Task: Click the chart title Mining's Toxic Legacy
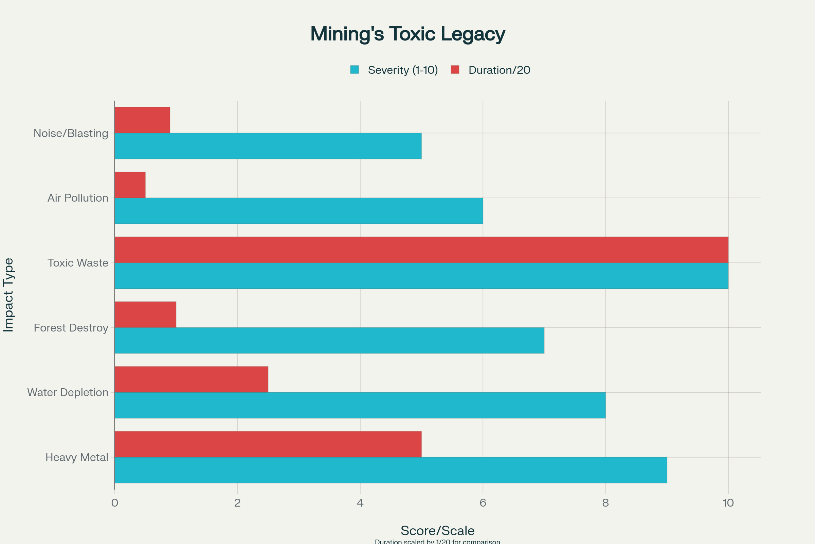[407, 34]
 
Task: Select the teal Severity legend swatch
[354, 70]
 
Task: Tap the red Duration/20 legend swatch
[455, 70]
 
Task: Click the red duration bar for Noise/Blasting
[142, 120]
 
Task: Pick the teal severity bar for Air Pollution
[299, 210]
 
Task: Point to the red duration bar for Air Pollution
[130, 185]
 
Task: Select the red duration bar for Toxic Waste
[421, 250]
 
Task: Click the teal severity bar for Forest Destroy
[329, 340]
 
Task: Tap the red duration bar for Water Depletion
[191, 379]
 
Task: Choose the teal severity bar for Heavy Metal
[391, 470]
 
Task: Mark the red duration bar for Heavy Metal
[268, 444]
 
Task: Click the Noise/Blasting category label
[71, 133]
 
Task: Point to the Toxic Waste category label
[78, 263]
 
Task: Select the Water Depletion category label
[68, 392]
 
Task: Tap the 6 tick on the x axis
[483, 503]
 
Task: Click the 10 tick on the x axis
[728, 503]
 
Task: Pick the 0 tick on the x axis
[115, 503]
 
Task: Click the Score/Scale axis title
[437, 530]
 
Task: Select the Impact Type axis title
[8, 295]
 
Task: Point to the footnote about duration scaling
[437, 542]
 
